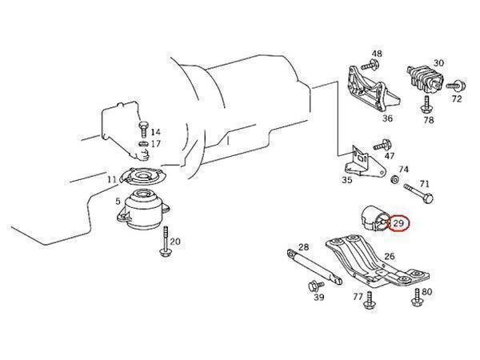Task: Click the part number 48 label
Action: click(377, 53)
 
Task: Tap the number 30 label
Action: click(438, 63)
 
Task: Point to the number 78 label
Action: click(428, 120)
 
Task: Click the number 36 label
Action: click(387, 119)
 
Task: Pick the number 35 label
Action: click(346, 181)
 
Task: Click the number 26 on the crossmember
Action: click(389, 257)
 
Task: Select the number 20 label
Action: click(175, 241)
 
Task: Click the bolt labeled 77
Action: click(371, 300)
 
